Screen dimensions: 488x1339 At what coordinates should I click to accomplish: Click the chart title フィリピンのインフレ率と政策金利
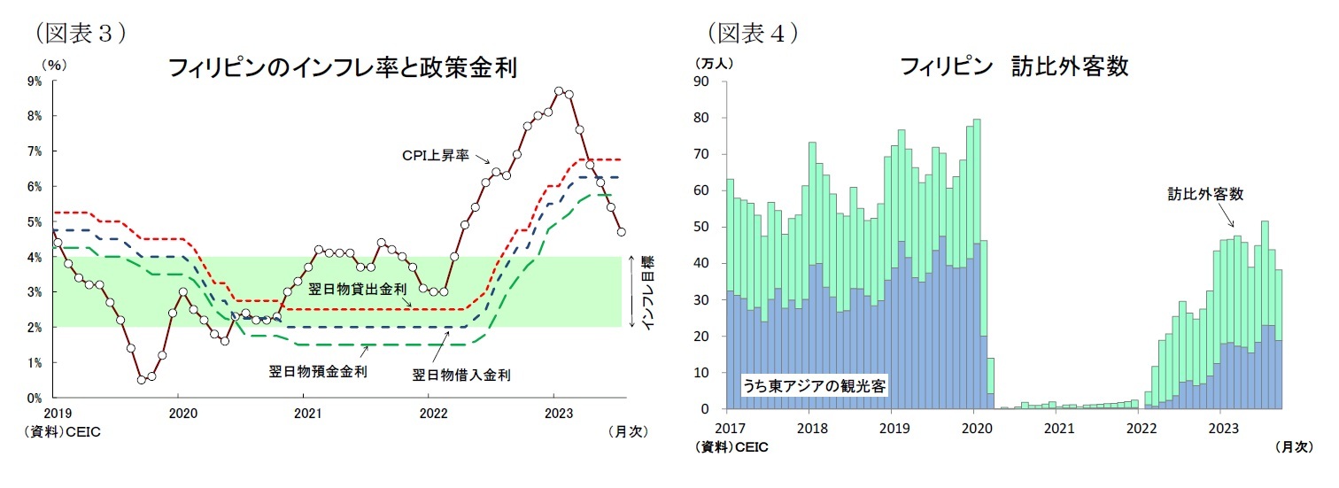[343, 68]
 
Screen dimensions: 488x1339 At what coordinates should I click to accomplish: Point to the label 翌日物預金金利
[317, 371]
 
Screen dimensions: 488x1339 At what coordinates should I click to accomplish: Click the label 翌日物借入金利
[461, 375]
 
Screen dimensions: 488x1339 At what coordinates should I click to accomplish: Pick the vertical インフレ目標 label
[647, 292]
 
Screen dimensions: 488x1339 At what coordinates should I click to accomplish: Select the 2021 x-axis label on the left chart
[306, 414]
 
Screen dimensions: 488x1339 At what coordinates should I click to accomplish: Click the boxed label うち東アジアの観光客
[815, 385]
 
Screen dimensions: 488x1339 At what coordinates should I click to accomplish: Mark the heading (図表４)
[753, 33]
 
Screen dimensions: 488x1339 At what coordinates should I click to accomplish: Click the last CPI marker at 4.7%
[622, 232]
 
